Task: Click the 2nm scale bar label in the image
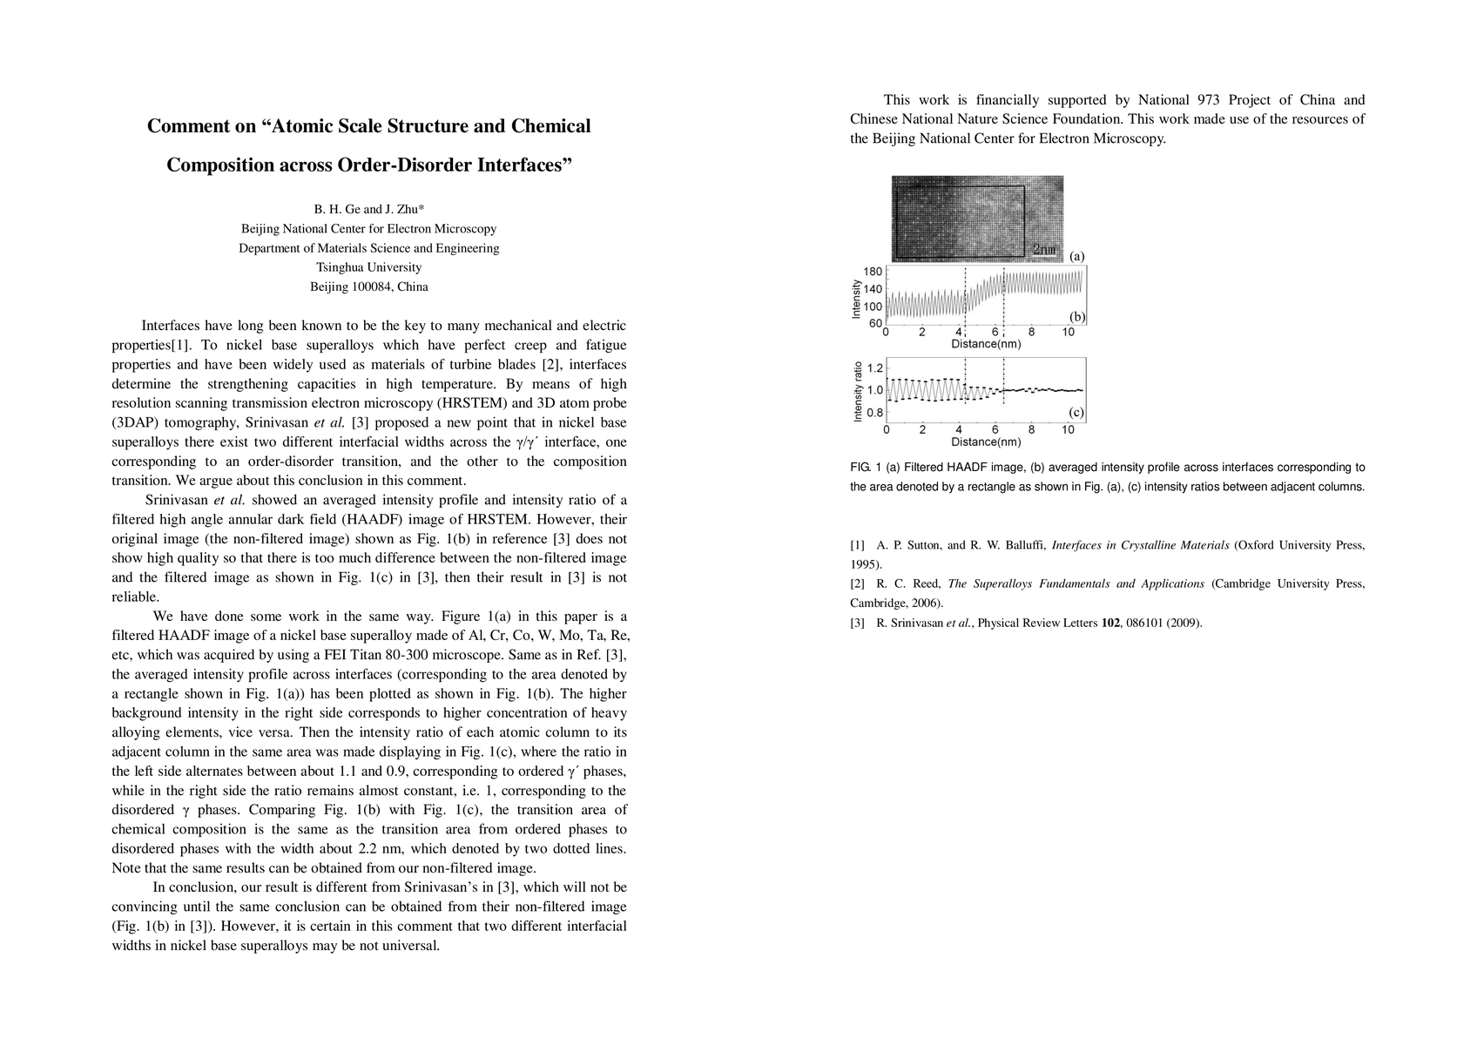coord(1043,250)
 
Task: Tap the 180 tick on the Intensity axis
coord(873,272)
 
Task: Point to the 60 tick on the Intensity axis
coord(875,323)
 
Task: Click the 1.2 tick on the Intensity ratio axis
coord(874,367)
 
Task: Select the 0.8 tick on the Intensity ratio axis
coord(874,413)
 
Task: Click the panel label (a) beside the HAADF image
coord(1077,256)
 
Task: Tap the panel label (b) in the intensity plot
coord(1077,317)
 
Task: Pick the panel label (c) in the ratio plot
coord(1077,412)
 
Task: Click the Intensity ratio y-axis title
coord(858,391)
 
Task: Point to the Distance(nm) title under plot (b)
coord(986,344)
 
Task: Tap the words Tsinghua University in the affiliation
coord(369,267)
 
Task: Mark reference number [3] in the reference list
coord(858,623)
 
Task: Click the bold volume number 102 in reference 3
coord(1110,623)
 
